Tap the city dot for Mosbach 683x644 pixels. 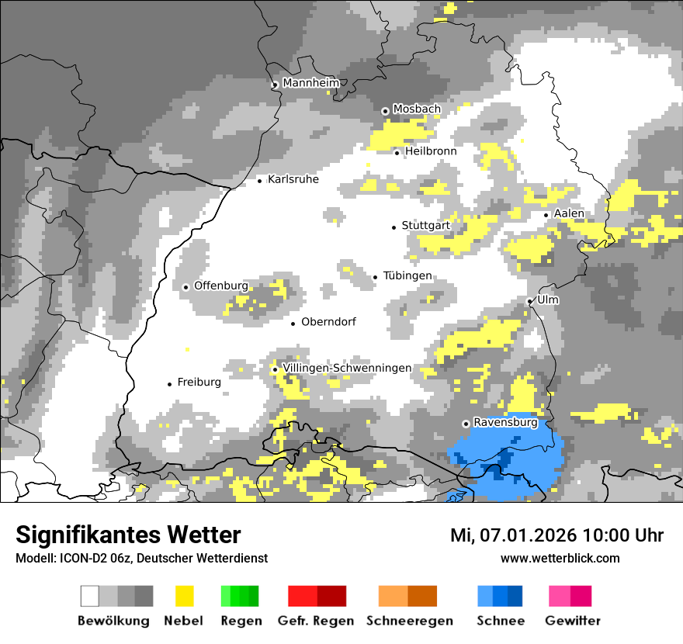coord(385,111)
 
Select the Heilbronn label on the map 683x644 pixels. coord(431,151)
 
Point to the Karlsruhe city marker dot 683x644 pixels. coord(260,181)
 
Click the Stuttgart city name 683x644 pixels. coord(426,226)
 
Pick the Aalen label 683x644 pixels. coord(570,213)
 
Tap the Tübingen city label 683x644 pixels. coord(407,276)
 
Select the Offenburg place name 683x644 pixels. coord(221,286)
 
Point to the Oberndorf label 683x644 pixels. coord(329,322)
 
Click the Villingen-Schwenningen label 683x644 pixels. coord(347,368)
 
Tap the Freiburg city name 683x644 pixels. coord(199,383)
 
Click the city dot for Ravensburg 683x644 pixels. coord(466,424)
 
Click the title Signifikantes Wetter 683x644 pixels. coord(128,535)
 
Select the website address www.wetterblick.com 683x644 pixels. coord(560,559)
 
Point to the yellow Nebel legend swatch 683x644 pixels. coord(184,596)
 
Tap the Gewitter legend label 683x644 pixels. coord(573,621)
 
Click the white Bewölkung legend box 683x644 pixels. coord(89,596)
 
